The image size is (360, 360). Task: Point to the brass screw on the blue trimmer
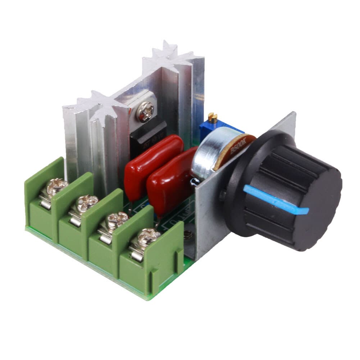click(213, 116)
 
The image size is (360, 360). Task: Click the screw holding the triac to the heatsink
click(146, 111)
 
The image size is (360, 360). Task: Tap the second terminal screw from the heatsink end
click(87, 202)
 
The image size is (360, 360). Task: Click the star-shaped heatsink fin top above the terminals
click(97, 104)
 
